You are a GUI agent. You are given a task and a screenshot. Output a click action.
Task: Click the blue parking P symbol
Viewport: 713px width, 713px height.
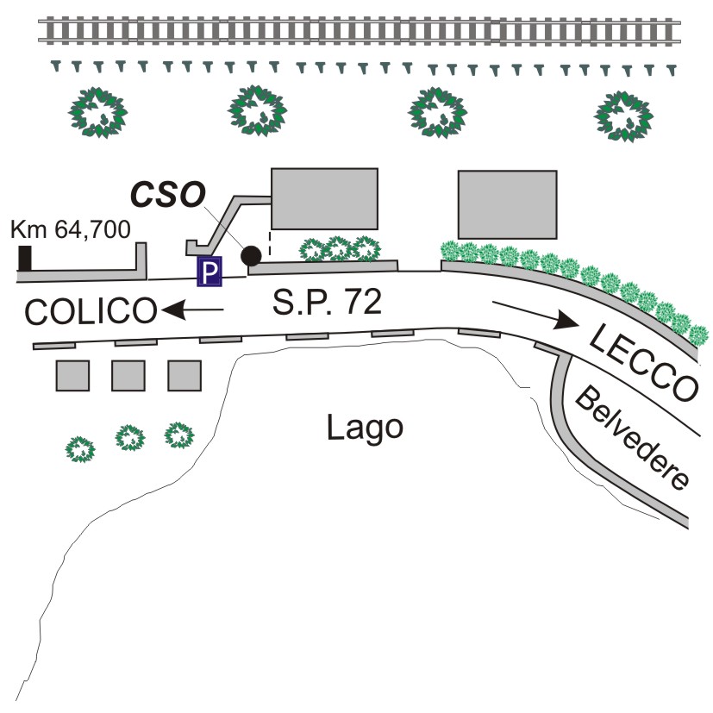click(210, 272)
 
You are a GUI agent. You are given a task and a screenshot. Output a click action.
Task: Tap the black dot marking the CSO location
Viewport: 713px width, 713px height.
click(252, 256)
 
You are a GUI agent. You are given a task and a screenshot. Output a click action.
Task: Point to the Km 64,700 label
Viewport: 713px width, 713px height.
click(70, 230)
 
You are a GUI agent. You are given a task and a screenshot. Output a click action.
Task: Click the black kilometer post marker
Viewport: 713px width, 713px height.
click(26, 259)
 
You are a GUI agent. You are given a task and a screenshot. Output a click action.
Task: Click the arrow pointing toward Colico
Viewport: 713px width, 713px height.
click(193, 309)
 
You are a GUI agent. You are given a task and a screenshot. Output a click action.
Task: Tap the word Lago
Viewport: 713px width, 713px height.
click(366, 426)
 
